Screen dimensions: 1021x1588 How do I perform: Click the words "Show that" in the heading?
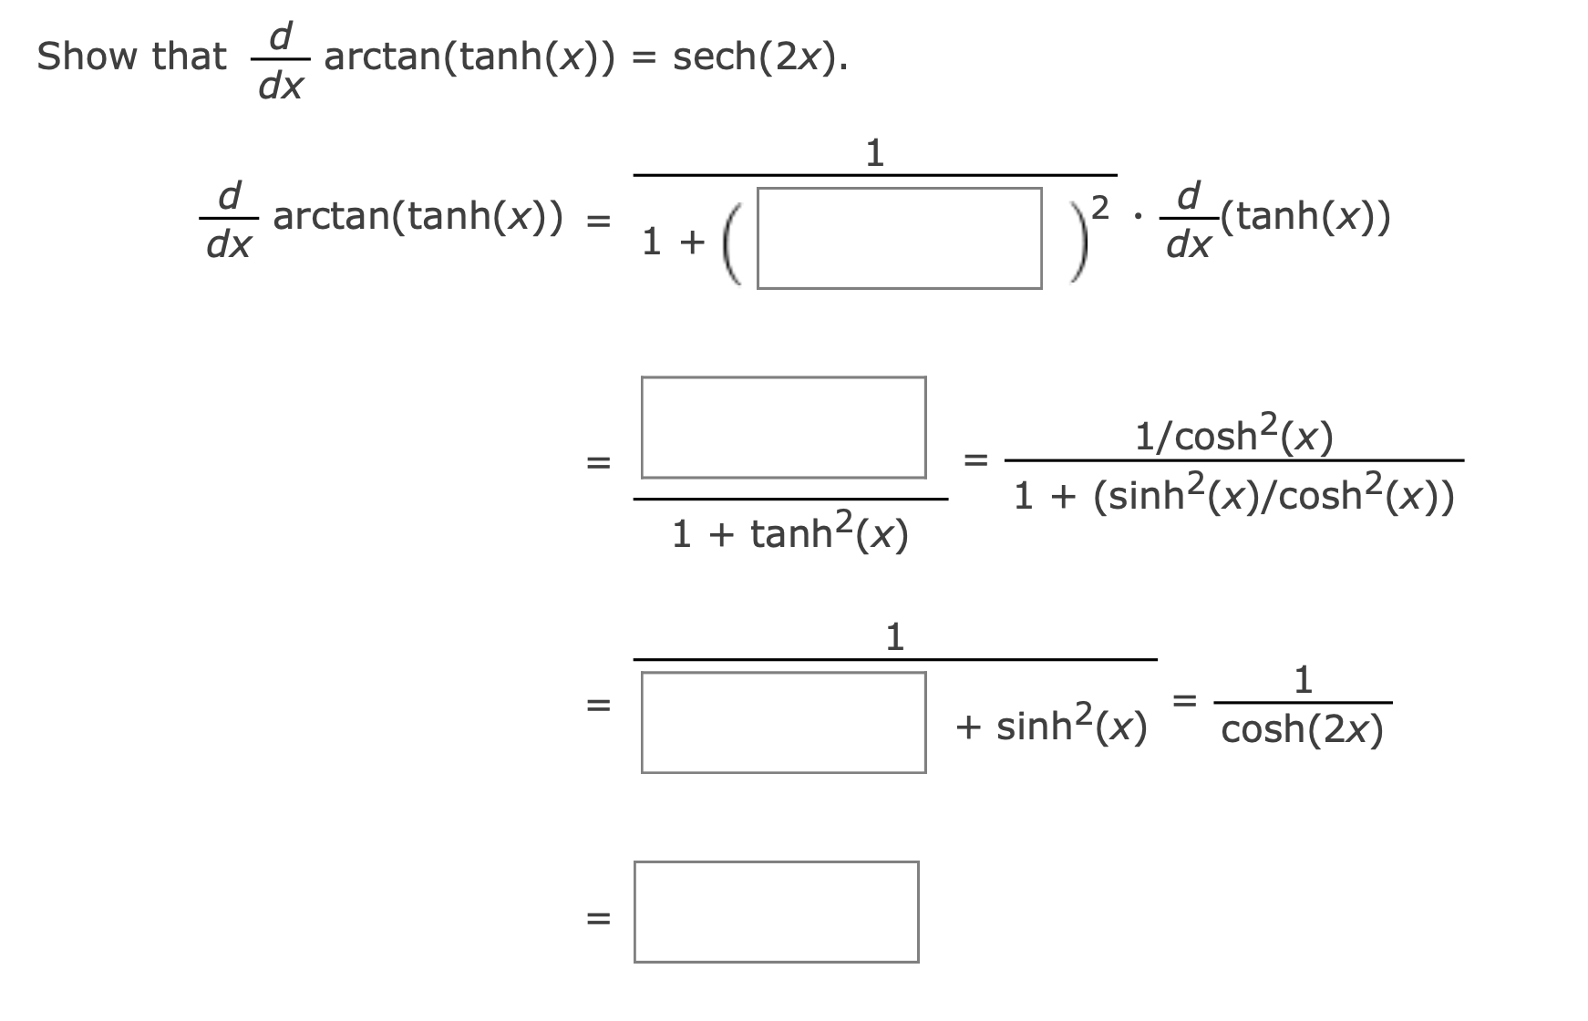[x=131, y=57]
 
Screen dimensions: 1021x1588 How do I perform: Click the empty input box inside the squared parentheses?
[x=899, y=239]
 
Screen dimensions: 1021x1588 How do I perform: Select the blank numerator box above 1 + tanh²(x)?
[x=783, y=428]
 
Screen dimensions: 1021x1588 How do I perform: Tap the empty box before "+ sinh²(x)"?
[x=783, y=723]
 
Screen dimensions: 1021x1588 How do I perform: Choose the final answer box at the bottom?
[x=776, y=912]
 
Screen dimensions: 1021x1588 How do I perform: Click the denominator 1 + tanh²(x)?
[x=789, y=533]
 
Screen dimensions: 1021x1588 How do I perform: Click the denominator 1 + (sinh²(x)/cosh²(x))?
[x=1233, y=495]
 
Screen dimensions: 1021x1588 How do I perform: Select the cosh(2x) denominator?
[x=1302, y=729]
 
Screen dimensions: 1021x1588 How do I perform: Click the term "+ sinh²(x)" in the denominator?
[x=1051, y=726]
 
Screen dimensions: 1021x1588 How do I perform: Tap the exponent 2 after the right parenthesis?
[x=1100, y=209]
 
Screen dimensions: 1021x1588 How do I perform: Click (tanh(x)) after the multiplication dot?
[x=1304, y=217]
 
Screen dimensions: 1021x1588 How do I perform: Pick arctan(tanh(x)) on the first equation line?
[x=418, y=217]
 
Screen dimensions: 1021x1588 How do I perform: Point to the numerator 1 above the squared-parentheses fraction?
[x=874, y=152]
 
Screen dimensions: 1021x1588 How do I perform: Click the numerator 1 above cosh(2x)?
[x=1304, y=679]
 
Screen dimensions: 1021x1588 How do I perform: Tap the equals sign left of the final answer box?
[x=597, y=918]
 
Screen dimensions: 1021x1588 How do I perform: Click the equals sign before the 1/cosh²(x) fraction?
[x=976, y=460]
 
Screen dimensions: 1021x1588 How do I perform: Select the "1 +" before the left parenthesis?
[x=674, y=242]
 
